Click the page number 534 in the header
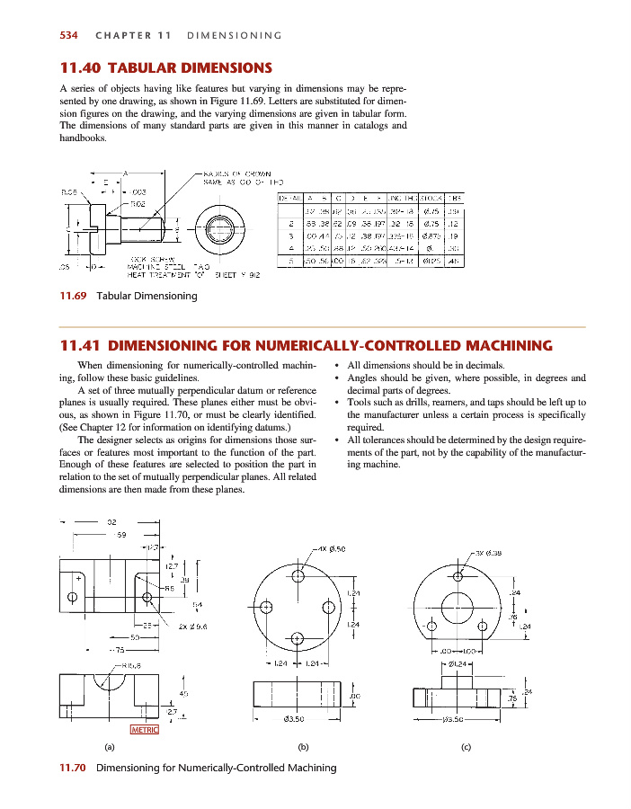pos(67,36)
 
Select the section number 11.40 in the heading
pos(78,67)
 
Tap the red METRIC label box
pos(145,729)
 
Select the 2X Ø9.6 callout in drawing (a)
pos(193,626)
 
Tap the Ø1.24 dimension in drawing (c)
pos(459,663)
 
